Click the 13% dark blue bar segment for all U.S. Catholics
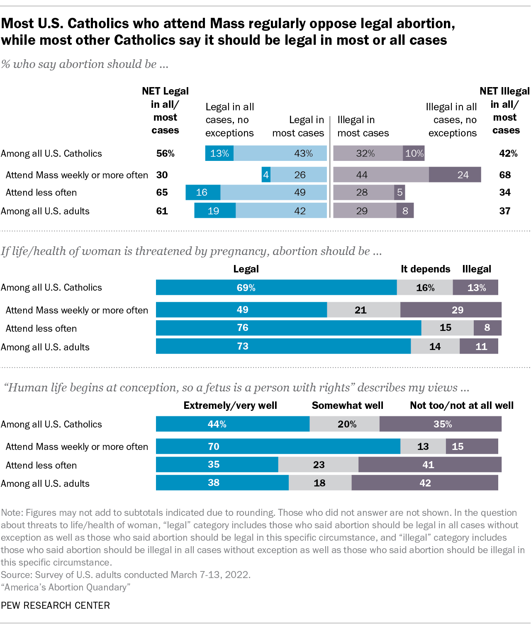pyautogui.click(x=219, y=153)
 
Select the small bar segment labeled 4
pyautogui.click(x=266, y=175)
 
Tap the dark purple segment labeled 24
pyautogui.click(x=455, y=175)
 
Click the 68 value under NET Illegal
pyautogui.click(x=505, y=175)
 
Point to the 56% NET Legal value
pyautogui.click(x=165, y=153)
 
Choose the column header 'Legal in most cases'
pyautogui.click(x=298, y=126)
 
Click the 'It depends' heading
pyautogui.click(x=425, y=269)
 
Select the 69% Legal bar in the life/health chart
pyautogui.click(x=276, y=287)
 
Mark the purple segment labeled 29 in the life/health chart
pyautogui.click(x=451, y=310)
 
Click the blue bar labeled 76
pyautogui.click(x=288, y=328)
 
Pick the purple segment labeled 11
pyautogui.click(x=479, y=346)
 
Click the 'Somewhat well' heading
pyautogui.click(x=347, y=406)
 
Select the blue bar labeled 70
pyautogui.click(x=278, y=446)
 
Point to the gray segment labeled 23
pyautogui.click(x=318, y=464)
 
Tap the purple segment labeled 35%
pyautogui.click(x=440, y=424)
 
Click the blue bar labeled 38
pyautogui.click(x=222, y=483)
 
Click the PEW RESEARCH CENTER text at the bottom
pyautogui.click(x=56, y=605)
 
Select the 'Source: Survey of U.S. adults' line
pyautogui.click(x=126, y=575)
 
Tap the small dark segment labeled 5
pyautogui.click(x=399, y=192)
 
